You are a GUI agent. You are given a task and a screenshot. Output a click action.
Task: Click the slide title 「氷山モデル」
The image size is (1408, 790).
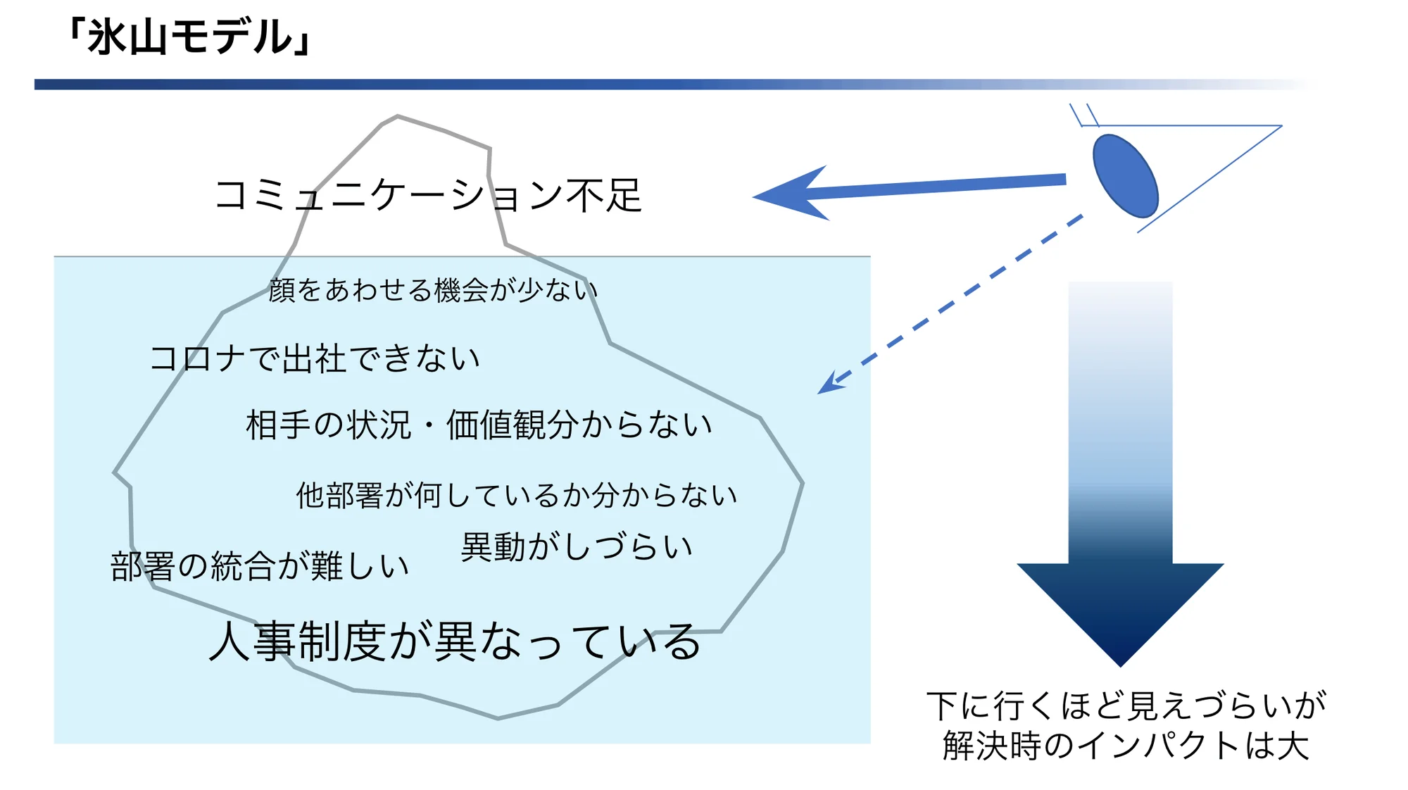190,37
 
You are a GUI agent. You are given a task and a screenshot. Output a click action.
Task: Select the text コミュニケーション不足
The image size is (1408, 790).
428,195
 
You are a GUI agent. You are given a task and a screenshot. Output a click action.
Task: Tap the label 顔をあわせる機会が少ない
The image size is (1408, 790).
433,290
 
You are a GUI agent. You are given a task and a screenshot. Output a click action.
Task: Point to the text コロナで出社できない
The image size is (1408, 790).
315,358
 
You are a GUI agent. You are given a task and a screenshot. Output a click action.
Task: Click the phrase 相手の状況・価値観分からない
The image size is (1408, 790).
479,425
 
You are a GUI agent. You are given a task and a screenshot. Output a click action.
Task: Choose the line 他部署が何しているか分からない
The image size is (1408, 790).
516,496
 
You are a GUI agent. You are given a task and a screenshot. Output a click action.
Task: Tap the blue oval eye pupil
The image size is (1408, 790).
1125,175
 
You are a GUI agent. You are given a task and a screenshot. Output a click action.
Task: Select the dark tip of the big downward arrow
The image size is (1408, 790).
1120,665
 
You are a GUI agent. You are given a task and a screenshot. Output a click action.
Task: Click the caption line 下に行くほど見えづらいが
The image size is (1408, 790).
1126,706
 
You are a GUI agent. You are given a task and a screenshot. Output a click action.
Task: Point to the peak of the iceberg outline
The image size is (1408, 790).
398,116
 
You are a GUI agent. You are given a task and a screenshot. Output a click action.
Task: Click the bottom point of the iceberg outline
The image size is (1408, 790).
498,718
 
